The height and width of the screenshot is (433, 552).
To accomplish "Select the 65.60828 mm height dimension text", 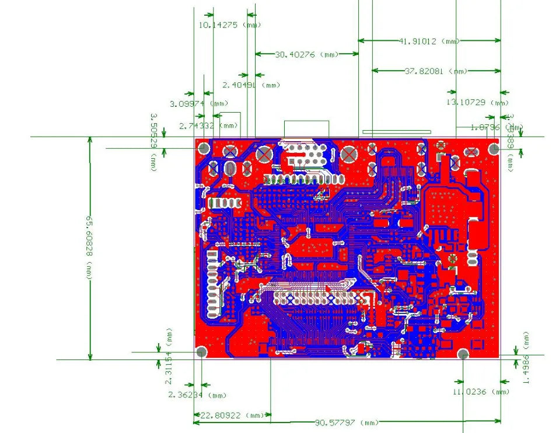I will (89, 247).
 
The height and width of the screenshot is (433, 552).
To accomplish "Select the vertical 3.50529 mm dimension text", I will (153, 142).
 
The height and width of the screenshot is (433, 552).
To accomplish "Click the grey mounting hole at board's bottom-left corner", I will (201, 352).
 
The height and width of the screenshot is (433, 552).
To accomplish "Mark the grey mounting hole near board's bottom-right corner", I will (463, 354).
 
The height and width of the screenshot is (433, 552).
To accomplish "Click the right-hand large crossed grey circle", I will (349, 155).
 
